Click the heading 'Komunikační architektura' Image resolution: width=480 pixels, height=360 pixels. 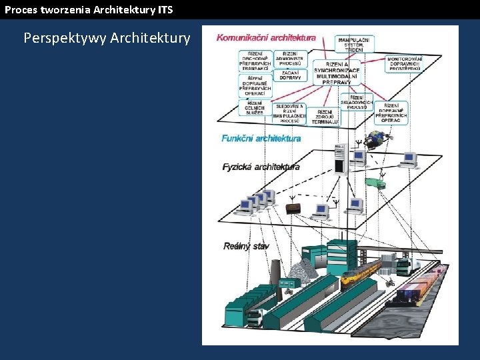point(266,38)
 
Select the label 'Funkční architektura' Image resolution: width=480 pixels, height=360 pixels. point(261,139)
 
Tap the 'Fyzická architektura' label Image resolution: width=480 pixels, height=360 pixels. point(261,167)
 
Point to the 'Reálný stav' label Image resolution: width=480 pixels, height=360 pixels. point(246,247)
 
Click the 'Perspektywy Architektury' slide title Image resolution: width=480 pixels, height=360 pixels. point(107,38)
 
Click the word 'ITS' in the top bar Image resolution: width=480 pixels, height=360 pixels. point(165,9)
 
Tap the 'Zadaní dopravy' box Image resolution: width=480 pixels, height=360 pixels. point(291,75)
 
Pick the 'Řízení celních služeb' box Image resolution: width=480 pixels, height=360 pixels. point(254,107)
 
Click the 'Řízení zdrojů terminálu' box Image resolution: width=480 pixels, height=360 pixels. point(325,116)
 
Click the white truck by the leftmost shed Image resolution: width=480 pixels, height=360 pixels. point(254,318)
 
